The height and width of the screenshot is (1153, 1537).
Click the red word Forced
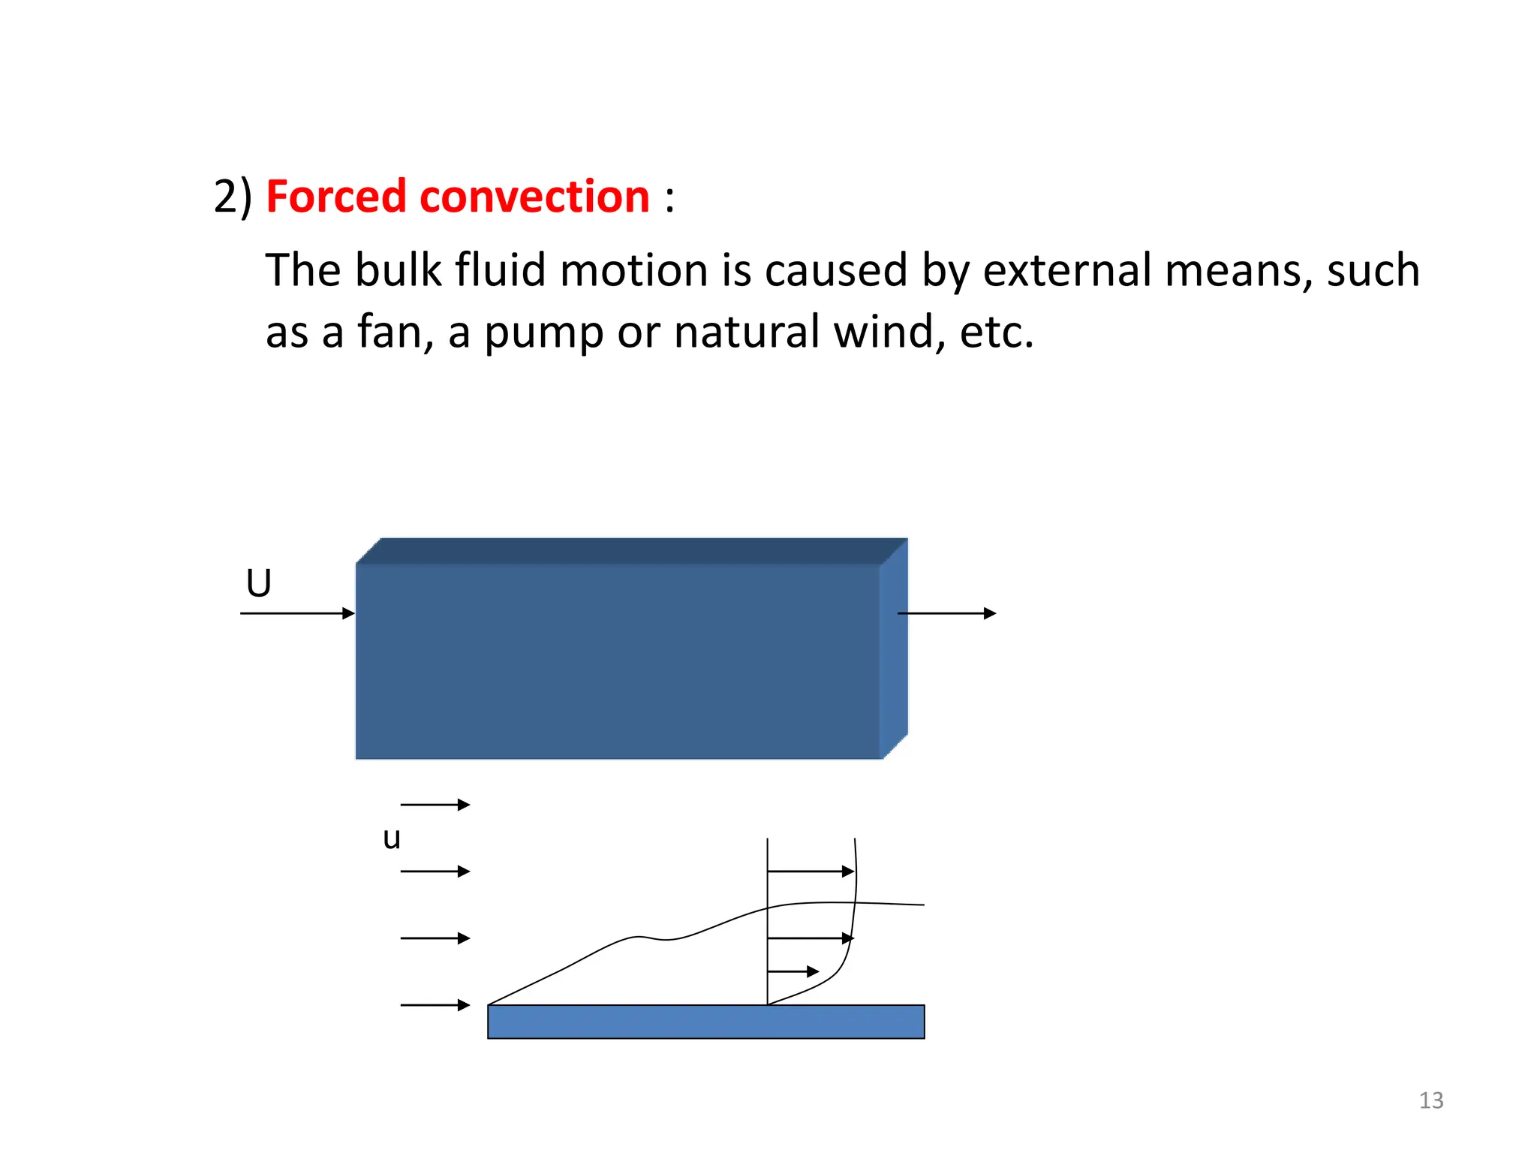pos(335,197)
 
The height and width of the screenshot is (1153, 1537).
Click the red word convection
pos(534,197)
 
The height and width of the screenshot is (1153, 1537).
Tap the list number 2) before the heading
pos(233,197)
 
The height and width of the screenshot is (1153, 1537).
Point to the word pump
pos(543,333)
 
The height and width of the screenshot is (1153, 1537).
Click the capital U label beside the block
pos(259,583)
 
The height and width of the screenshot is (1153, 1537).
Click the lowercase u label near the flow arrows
pos(391,838)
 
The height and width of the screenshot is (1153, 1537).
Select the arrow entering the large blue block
pos(297,613)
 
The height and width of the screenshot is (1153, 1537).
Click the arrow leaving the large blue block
pos(946,613)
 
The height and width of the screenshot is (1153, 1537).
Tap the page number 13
pos(1431,1100)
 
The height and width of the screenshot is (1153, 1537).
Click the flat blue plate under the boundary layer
pos(705,1022)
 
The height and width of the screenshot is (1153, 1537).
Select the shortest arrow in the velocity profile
pos(793,971)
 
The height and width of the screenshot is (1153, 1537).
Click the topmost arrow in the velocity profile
pos(811,872)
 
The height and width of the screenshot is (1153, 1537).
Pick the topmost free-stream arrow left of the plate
pos(435,805)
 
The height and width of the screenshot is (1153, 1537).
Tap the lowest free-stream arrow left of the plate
pos(435,1005)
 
